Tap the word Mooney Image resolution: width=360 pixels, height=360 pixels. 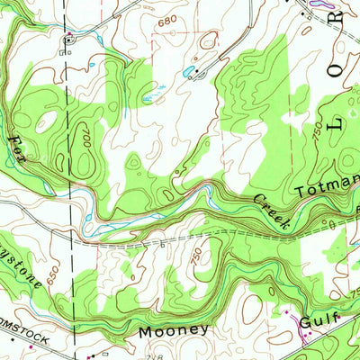(x=175, y=330)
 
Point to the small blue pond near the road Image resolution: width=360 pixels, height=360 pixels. (x=186, y=69)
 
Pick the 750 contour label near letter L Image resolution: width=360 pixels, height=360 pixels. (x=317, y=131)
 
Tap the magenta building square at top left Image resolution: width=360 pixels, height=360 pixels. (x=68, y=38)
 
